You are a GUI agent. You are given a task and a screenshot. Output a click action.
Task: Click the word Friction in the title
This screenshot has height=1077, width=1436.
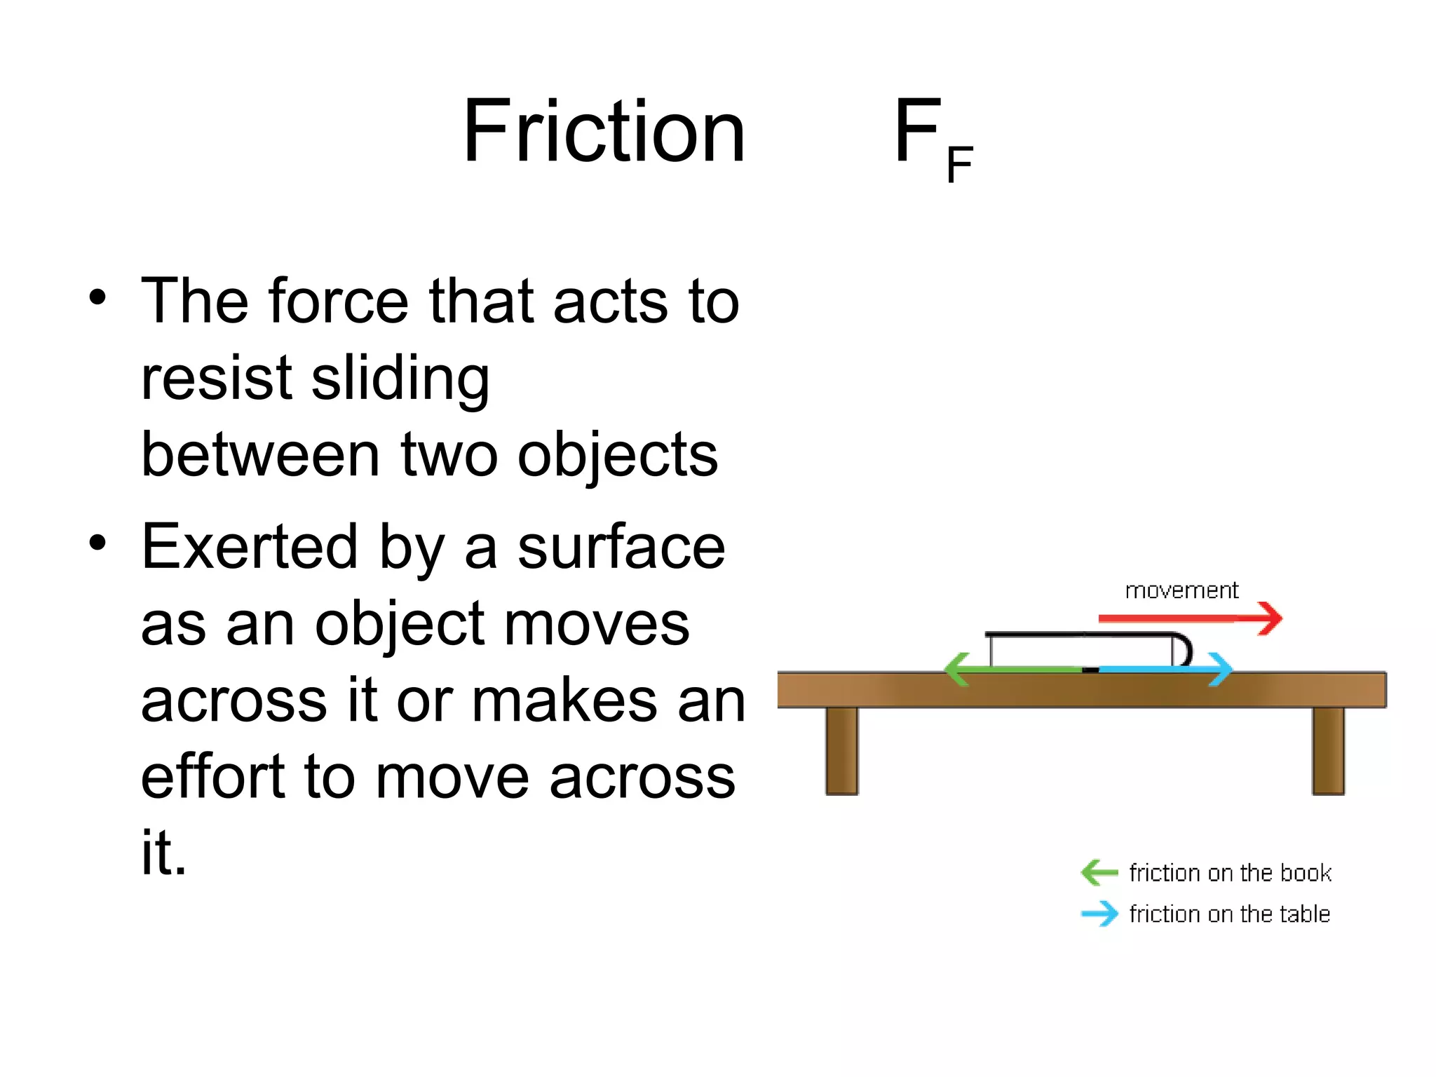(604, 132)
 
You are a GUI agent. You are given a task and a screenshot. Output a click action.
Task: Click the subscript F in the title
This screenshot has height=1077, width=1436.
(959, 165)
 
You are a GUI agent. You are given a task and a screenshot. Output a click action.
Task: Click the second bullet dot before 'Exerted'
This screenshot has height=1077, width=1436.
(97, 542)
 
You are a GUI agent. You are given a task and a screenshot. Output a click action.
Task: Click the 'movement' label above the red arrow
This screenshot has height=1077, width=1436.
(1181, 590)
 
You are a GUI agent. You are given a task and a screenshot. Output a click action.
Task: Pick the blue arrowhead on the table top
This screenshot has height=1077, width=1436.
(1221, 670)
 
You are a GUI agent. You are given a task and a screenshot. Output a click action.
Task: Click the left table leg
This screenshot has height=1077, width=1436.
(841, 750)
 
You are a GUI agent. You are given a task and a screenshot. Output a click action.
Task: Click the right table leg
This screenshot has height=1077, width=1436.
(1328, 750)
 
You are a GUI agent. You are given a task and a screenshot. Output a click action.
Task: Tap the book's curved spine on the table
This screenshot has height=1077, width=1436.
(1184, 649)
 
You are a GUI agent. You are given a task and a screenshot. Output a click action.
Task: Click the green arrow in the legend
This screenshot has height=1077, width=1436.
(1099, 873)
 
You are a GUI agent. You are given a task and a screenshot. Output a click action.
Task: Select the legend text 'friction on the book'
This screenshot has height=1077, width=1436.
(1230, 873)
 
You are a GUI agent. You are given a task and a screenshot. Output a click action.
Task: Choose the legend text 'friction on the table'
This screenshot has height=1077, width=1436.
(1229, 914)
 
